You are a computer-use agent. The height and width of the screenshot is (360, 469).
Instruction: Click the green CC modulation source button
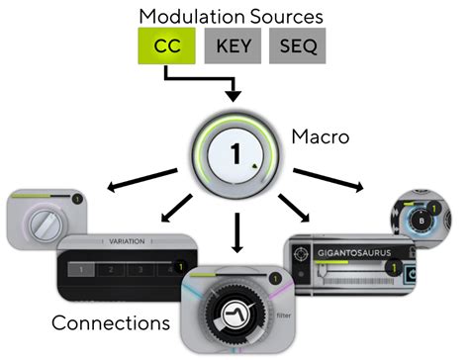pyautogui.click(x=166, y=45)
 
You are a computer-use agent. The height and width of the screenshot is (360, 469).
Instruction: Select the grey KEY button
pyautogui.click(x=233, y=45)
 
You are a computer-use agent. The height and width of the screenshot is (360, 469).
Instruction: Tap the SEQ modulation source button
pyautogui.click(x=298, y=45)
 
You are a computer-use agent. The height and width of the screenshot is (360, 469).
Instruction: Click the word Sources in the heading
pyautogui.click(x=287, y=17)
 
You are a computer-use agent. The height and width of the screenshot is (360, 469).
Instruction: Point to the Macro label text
pyautogui.click(x=321, y=136)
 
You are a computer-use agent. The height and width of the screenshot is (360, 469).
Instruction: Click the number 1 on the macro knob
pyautogui.click(x=235, y=154)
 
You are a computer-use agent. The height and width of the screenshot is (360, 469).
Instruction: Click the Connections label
pyautogui.click(x=111, y=322)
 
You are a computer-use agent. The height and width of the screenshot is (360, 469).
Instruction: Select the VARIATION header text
pyautogui.click(x=127, y=241)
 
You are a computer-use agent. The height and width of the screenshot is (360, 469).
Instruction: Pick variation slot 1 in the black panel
pyautogui.click(x=81, y=270)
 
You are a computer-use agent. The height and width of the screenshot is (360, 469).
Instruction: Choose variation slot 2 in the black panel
pyautogui.click(x=111, y=270)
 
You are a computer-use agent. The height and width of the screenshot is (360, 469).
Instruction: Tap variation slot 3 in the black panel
pyautogui.click(x=141, y=270)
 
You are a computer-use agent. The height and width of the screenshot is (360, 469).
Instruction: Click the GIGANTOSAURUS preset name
pyautogui.click(x=354, y=253)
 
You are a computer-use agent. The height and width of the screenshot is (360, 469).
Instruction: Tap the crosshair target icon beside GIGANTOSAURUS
pyautogui.click(x=301, y=254)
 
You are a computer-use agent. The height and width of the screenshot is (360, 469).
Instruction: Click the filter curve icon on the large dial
pyautogui.click(x=234, y=315)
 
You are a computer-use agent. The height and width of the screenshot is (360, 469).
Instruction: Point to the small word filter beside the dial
pyautogui.click(x=284, y=315)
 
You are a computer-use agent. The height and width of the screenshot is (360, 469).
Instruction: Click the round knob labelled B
pyautogui.click(x=422, y=221)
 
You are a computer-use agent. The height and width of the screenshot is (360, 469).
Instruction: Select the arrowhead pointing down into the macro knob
pyautogui.click(x=234, y=96)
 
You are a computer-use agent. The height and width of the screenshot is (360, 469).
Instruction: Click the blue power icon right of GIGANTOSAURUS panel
pyautogui.click(x=411, y=274)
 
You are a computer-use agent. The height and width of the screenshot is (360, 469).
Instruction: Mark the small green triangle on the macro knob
pyautogui.click(x=254, y=165)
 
